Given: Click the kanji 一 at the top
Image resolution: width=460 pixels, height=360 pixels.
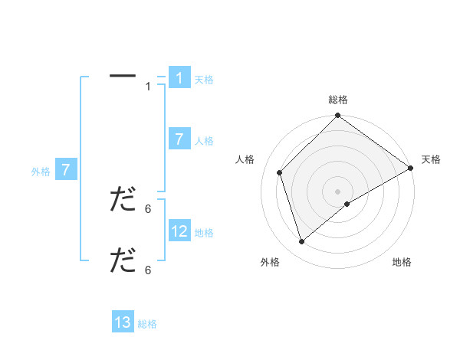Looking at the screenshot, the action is coord(122,77).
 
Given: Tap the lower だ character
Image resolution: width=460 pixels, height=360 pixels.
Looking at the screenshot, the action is coord(122,260).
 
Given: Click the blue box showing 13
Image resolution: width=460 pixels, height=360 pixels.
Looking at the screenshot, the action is coord(123,322).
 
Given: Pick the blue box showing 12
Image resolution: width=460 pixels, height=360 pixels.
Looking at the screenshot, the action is coord(179,231).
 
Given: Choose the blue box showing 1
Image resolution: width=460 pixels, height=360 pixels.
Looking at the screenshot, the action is coord(179,78).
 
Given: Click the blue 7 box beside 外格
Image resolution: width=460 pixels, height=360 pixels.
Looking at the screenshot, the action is coord(67,170).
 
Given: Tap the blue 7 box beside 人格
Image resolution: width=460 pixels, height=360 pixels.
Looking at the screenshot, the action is coord(179,139).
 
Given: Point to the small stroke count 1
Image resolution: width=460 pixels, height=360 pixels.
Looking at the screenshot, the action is coord(148,87).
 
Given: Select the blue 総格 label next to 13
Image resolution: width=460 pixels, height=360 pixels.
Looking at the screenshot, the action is coord(147,324).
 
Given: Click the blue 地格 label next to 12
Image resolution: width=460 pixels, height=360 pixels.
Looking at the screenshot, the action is coord(204,233).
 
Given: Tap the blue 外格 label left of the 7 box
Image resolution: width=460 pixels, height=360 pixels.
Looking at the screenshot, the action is coord(41,172).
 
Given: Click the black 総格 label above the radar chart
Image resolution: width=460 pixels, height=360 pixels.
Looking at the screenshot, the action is coord(338,100).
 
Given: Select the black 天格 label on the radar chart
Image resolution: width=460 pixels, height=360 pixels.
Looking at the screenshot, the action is coord(431,159).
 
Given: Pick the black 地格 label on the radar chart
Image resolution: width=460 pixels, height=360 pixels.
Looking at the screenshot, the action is coord(402,262).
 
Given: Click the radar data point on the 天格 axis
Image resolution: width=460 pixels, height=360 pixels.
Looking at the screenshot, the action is coord(410,168).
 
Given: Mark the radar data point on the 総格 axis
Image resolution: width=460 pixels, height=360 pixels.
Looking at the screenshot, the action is coord(338,116).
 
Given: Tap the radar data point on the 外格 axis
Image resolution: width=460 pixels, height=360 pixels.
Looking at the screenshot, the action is coord(302,241).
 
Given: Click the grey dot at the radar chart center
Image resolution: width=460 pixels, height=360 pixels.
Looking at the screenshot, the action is coord(338,191).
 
